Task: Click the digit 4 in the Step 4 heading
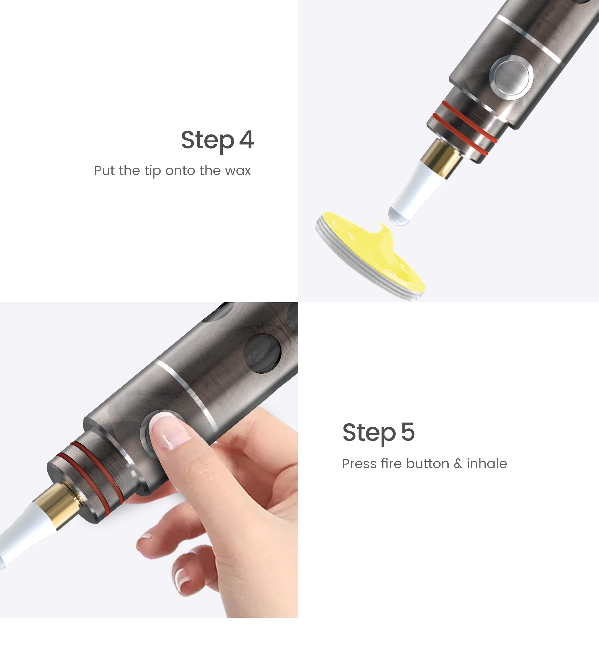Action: (246, 140)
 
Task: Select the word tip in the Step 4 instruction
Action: (153, 171)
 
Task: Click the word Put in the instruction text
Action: (105, 170)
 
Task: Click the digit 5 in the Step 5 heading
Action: (408, 432)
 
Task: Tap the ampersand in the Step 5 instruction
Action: (458, 464)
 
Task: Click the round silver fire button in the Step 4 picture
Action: (511, 77)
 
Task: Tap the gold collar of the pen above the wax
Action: (441, 159)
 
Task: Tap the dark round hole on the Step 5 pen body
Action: (263, 353)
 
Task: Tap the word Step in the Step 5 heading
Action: (369, 433)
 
